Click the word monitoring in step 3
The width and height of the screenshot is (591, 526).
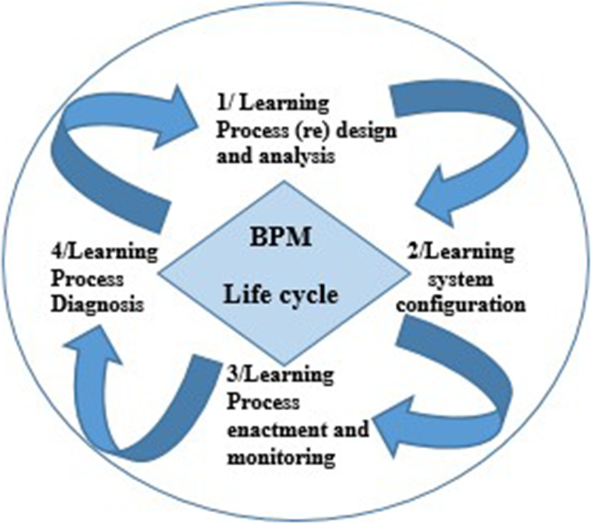coord(277,457)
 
